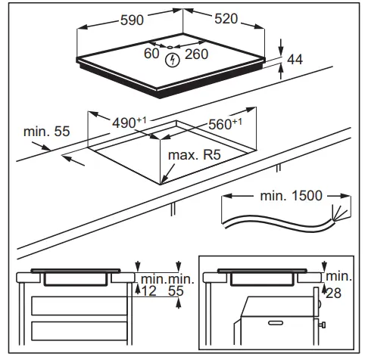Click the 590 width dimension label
pyautogui.click(x=132, y=20)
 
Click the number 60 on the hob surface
pyautogui.click(x=151, y=54)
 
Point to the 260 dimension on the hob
pyautogui.click(x=197, y=54)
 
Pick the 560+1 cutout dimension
pyautogui.click(x=225, y=123)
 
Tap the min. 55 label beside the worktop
pyautogui.click(x=47, y=132)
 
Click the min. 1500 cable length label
pyautogui.click(x=289, y=196)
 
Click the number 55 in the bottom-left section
pyautogui.click(x=178, y=291)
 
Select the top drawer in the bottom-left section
pyautogui.click(x=76, y=306)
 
